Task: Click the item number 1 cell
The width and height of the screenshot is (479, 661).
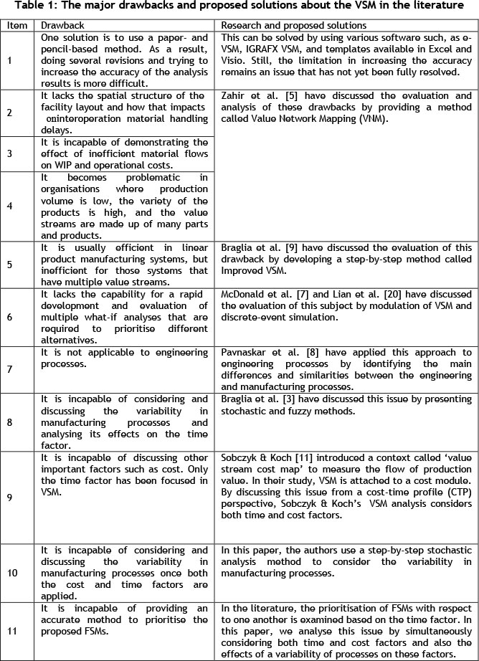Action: [x=8, y=60]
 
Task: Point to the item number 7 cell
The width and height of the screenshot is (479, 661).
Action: [x=8, y=367]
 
